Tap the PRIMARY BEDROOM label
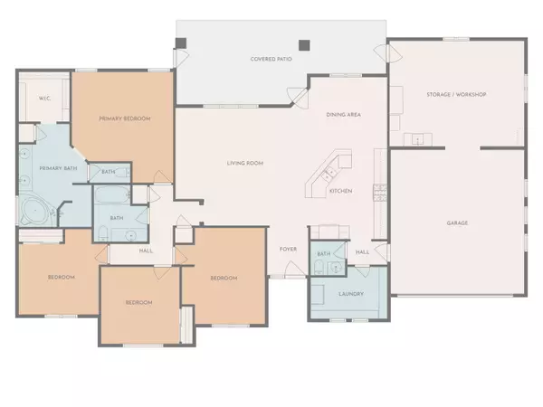124,118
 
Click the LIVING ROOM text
244,163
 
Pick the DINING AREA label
344,114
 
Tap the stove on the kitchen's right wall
382,191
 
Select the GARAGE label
457,222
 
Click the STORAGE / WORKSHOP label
456,94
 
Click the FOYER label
288,249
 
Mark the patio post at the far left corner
181,43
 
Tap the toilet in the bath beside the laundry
338,268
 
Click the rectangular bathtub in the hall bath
113,196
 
